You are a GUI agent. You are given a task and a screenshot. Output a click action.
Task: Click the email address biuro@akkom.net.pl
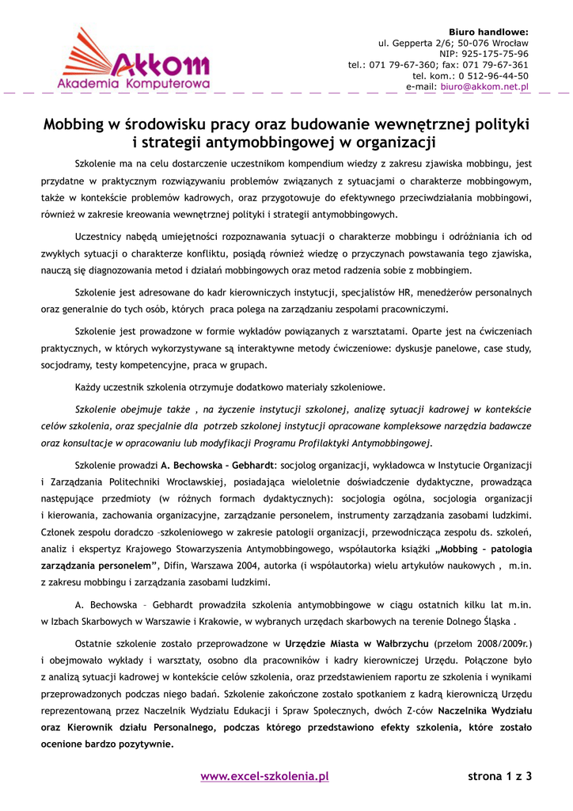tap(485, 86)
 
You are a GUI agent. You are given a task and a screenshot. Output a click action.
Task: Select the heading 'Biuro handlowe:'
tap(488, 31)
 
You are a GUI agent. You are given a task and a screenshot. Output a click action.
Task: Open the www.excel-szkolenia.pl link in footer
tap(264, 776)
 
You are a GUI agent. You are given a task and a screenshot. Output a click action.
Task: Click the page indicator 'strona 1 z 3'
tap(500, 776)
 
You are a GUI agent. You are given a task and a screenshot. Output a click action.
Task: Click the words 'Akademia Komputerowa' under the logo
tap(133, 82)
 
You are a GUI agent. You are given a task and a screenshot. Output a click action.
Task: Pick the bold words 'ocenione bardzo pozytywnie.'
tap(108, 744)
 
